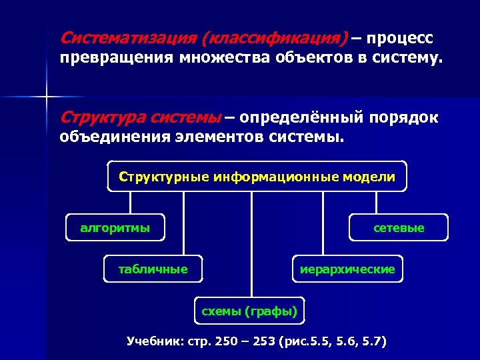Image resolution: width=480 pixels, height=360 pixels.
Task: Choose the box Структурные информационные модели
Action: (257, 177)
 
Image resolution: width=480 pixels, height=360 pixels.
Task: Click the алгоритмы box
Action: (115, 228)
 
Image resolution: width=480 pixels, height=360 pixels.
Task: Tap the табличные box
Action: (153, 269)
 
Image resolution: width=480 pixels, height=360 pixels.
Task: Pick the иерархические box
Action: (347, 269)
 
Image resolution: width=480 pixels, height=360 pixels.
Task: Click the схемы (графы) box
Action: (249, 311)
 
